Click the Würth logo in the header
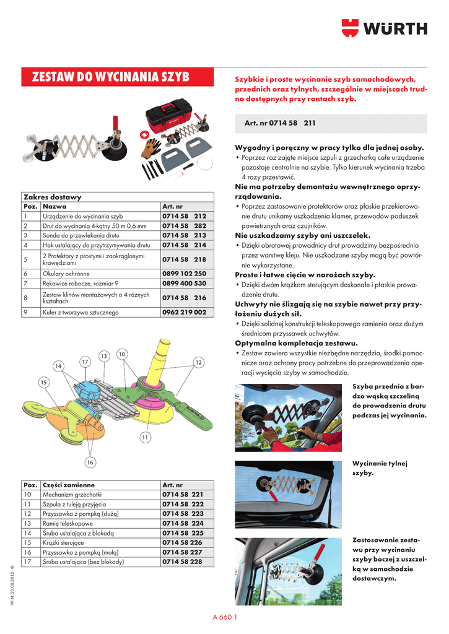click(384, 28)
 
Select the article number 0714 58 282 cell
click(183, 225)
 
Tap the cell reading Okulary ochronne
click(66, 273)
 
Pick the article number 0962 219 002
click(184, 313)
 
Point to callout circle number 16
click(90, 462)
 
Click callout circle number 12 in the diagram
click(199, 362)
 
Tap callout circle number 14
click(58, 366)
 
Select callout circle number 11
click(145, 438)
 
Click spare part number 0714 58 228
click(182, 562)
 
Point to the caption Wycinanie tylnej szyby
click(372, 467)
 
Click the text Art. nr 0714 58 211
click(280, 123)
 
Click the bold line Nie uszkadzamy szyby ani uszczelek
click(302, 235)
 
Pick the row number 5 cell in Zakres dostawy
click(26, 259)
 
